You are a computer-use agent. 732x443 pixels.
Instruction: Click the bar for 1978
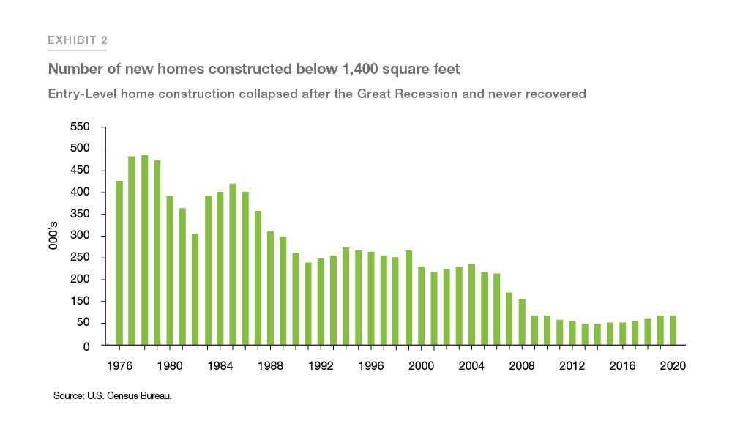[145, 250]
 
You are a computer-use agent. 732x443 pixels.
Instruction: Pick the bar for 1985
[233, 264]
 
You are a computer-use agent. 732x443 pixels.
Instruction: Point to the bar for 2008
[522, 322]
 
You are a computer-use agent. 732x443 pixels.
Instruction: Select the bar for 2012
[572, 333]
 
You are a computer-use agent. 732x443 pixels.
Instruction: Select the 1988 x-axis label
[270, 367]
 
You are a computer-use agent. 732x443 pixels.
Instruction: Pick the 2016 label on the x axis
[622, 367]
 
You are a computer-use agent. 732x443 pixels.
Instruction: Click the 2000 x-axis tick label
[421, 367]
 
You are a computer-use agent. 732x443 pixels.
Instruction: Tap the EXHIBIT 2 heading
[78, 40]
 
